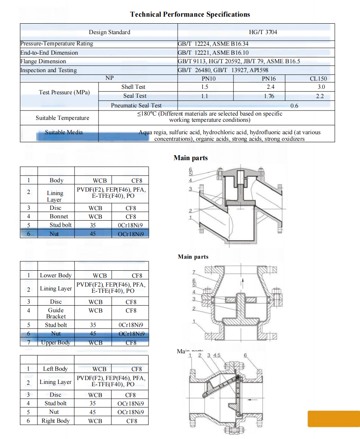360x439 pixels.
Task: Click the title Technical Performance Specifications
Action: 190,15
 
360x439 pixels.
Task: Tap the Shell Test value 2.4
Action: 270,87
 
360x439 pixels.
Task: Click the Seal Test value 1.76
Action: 269,96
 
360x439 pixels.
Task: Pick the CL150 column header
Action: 318,78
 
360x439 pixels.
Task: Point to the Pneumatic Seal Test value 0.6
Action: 294,105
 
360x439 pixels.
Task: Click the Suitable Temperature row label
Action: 62,118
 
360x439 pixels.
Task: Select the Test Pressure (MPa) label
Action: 64,92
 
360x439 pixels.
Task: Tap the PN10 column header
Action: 204,78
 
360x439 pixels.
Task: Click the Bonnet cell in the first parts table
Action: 59,216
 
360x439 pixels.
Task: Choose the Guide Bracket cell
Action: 56,313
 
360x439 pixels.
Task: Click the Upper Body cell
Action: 56,342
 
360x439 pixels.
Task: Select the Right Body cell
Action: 55,421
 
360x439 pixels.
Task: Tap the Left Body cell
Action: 55,369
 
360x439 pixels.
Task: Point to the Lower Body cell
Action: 56,275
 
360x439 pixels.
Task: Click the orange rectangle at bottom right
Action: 334,418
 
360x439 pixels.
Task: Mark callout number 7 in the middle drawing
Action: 194,272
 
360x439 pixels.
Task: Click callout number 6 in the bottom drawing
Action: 245,355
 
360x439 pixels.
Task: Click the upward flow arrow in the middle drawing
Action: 243,281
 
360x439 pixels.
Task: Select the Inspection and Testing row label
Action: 48,70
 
